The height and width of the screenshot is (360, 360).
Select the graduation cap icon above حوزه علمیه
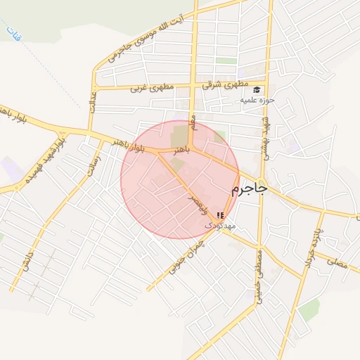(x=257, y=89)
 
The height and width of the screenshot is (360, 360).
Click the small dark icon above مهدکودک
(x=221, y=215)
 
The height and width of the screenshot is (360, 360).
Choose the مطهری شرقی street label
(x=217, y=84)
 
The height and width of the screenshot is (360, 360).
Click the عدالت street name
(x=91, y=106)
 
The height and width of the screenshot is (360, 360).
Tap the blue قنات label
(x=12, y=31)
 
